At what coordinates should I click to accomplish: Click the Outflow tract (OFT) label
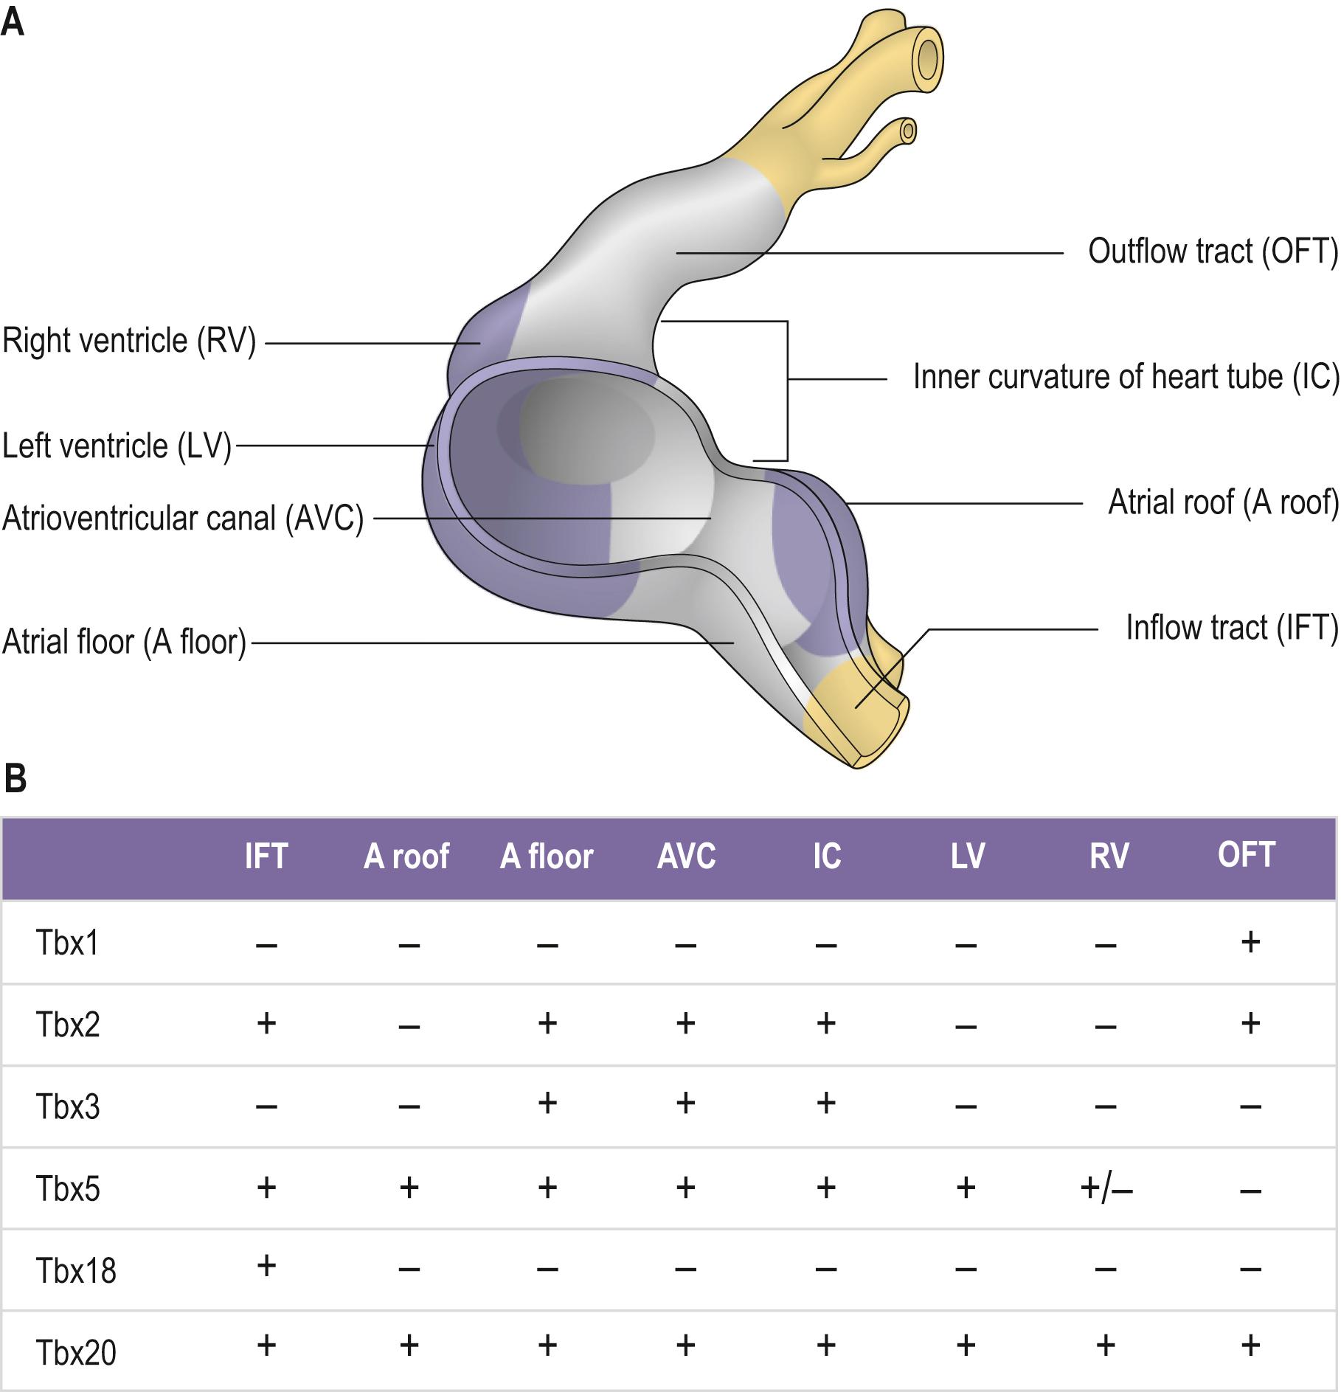(1212, 252)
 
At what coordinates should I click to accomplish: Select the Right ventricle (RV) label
(129, 342)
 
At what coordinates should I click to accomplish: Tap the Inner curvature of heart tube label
(1126, 377)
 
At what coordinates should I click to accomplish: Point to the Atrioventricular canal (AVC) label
(183, 519)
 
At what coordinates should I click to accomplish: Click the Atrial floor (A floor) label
(124, 642)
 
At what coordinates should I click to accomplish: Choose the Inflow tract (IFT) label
(1231, 628)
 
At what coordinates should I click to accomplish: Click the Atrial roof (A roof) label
(1223, 503)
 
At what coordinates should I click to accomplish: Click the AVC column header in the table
(686, 856)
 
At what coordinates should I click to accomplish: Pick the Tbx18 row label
(76, 1271)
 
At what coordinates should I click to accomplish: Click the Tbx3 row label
(68, 1107)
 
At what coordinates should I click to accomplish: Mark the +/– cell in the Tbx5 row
(1106, 1188)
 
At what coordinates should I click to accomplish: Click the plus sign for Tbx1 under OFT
(1250, 942)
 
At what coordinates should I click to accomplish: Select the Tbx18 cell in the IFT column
(266, 1266)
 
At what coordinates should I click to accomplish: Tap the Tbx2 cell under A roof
(409, 1026)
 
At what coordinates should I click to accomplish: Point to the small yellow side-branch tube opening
(909, 132)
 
